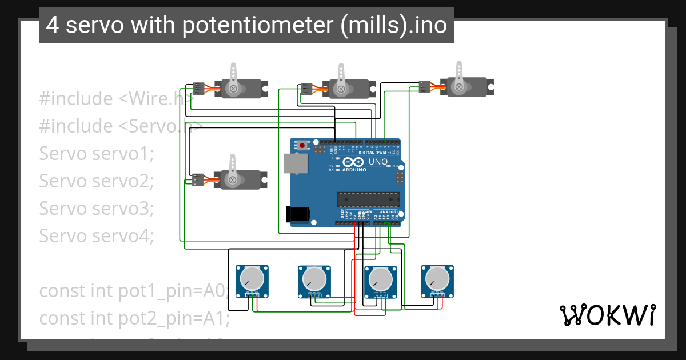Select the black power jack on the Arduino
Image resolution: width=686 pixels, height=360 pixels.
[x=297, y=214]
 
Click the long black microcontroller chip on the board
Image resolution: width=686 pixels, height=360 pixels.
[x=367, y=199]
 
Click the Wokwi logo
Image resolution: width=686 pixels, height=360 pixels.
[x=607, y=315]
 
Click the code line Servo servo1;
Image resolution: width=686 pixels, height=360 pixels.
[x=97, y=154]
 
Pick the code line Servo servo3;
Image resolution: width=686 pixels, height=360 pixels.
[x=97, y=208]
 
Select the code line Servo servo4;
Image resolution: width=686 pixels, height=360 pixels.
[x=97, y=235]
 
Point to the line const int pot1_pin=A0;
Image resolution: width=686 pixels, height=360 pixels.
[x=134, y=291]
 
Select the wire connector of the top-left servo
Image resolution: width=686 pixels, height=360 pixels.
[x=198, y=88]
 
